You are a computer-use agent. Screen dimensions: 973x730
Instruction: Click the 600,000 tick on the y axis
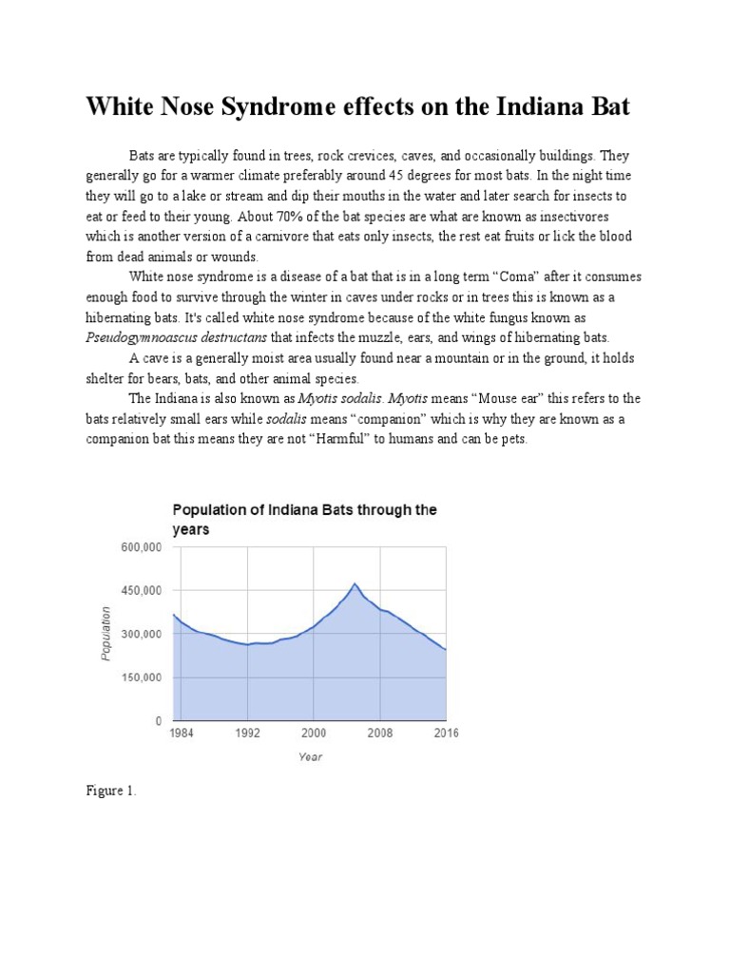coord(140,547)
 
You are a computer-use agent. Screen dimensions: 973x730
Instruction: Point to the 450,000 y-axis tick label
coord(140,591)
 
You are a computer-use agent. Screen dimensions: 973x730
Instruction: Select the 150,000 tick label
coord(140,677)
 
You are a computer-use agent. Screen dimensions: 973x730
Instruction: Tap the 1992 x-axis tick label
coord(247,735)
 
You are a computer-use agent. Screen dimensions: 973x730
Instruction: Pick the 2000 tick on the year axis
coord(314,735)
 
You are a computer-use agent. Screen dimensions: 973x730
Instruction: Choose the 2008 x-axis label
coord(380,735)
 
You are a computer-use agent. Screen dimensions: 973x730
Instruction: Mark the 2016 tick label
coord(445,735)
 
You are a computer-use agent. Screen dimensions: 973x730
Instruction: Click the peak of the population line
coord(355,583)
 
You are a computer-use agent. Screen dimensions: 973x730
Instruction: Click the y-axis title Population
coord(106,633)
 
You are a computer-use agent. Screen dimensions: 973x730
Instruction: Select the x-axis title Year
coord(310,757)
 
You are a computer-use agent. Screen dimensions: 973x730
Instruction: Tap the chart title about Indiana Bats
coord(302,519)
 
